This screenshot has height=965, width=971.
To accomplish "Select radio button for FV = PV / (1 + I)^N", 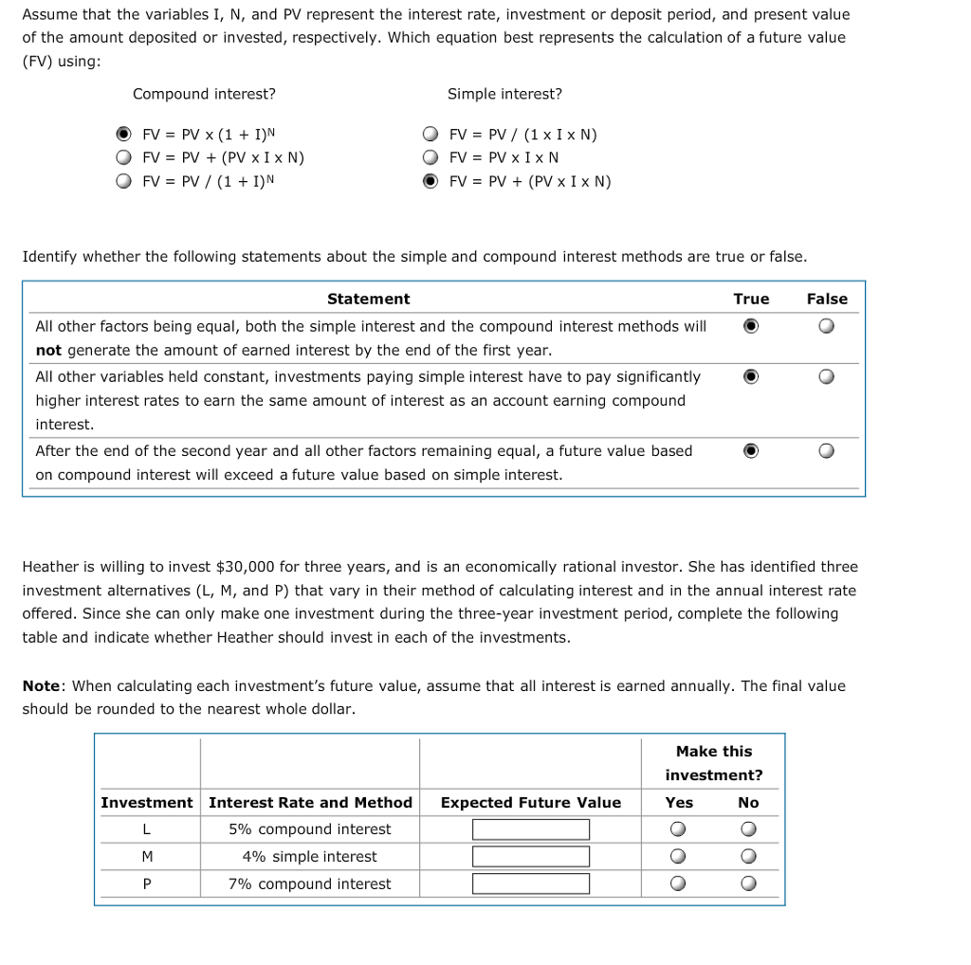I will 123,181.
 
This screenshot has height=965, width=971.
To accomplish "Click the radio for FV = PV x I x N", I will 431,157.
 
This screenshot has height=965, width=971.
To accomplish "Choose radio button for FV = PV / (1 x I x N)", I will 431,135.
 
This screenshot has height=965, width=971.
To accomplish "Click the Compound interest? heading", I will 204,94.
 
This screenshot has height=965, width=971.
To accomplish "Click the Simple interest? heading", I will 504,94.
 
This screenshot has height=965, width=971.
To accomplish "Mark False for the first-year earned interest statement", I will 827,326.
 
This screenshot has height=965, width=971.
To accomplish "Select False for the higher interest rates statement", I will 827,377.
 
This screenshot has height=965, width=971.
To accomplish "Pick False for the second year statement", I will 827,451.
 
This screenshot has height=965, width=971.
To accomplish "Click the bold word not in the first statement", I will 48,350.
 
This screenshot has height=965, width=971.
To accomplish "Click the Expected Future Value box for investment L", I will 531,829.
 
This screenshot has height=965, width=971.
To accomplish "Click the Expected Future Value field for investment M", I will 531,857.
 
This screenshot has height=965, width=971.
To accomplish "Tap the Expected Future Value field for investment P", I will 531,884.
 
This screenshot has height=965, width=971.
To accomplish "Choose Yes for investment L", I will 677,829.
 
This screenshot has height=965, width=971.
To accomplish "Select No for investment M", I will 748,857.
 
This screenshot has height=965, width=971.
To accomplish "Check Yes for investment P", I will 677,884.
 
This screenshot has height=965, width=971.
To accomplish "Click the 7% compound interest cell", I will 310,883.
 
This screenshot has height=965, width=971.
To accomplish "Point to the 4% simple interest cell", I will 310,856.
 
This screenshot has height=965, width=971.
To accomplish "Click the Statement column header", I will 368,299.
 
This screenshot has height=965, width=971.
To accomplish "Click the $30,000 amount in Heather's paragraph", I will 246,567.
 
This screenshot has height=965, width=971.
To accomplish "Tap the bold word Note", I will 42,685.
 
